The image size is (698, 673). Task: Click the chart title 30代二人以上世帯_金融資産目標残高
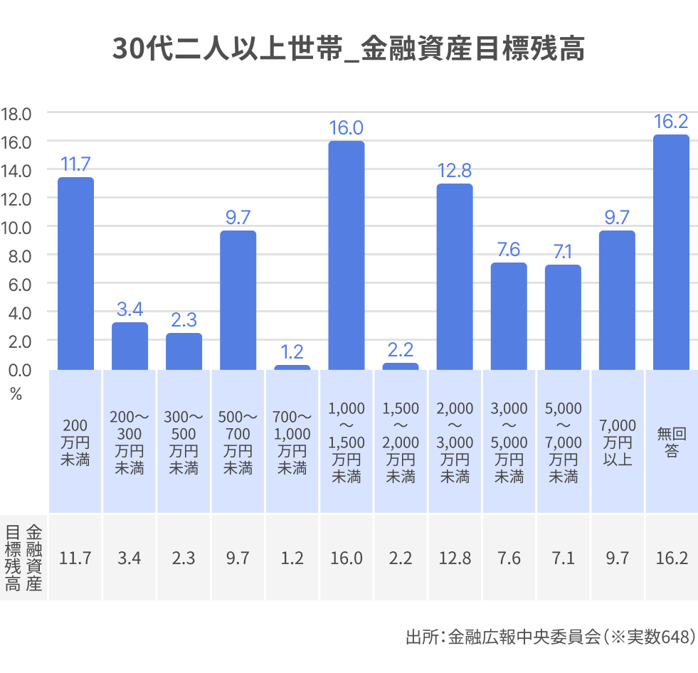coord(349,50)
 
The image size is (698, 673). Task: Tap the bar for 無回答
coord(671,252)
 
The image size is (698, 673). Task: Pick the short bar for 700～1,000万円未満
coord(292,367)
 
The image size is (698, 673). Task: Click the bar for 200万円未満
coord(75,273)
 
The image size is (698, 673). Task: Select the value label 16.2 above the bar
coord(671,122)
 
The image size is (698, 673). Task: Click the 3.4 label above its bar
coord(129,309)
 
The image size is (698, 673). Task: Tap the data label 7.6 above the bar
coord(508,250)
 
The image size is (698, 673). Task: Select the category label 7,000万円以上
coord(617,442)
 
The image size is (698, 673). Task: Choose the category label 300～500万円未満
coord(184,442)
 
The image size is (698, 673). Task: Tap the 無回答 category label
coord(671,442)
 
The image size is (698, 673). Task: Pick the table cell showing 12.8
coord(455,558)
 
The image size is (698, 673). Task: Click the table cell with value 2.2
coord(401,558)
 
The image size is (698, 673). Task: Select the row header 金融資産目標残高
coord(23,558)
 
